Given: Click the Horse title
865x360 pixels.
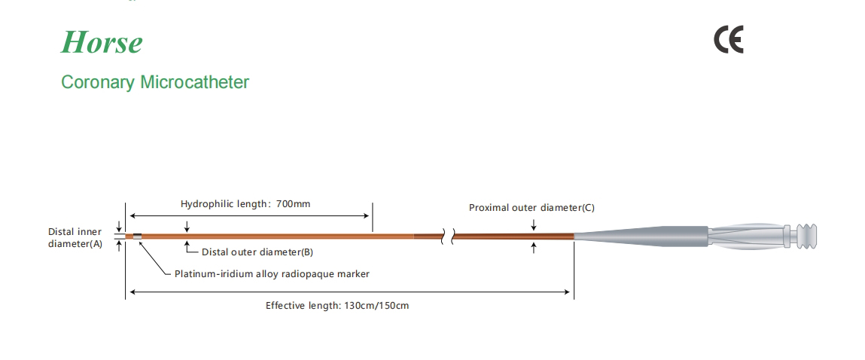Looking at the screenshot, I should pyautogui.click(x=102, y=42).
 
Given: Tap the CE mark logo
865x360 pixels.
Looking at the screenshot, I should pyautogui.click(x=728, y=40).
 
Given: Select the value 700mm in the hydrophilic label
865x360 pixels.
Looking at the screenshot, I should pyautogui.click(x=294, y=203).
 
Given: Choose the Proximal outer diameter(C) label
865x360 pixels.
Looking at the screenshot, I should pyautogui.click(x=531, y=207).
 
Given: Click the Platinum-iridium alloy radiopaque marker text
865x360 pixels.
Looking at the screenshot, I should pyautogui.click(x=272, y=274).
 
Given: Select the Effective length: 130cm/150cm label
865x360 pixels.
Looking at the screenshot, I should pyautogui.click(x=337, y=306).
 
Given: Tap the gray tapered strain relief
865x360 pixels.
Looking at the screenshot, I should pyautogui.click(x=640, y=236).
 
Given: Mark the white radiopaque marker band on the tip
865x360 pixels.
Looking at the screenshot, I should pyautogui.click(x=137, y=236).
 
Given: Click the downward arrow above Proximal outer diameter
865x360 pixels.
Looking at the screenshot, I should pyautogui.click(x=534, y=224).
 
